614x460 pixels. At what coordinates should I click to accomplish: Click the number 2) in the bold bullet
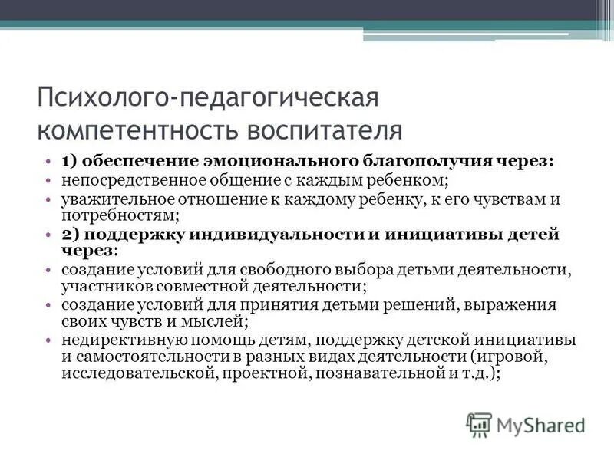click(x=71, y=235)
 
